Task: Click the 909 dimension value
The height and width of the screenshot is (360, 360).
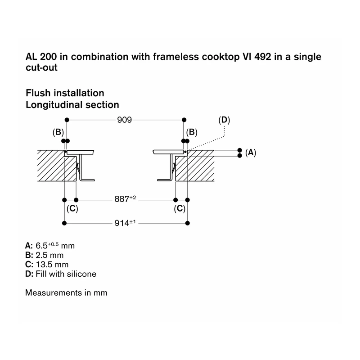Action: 125,120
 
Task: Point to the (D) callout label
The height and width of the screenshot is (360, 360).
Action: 224,120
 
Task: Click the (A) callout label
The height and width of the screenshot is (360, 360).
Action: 251,153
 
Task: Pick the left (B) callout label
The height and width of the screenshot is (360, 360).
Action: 58,132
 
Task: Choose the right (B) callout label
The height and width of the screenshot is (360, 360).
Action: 192,132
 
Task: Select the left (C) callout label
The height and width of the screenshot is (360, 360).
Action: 72,209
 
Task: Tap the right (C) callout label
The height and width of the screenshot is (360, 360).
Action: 180,209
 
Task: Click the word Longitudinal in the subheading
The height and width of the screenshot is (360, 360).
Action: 54,105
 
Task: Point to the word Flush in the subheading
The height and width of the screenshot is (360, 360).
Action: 38,93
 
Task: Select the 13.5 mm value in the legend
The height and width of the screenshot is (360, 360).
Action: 52,265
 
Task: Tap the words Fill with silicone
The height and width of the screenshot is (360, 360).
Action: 66,274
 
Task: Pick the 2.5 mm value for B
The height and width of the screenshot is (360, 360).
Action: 49,255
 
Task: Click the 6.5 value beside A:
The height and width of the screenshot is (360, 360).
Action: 41,246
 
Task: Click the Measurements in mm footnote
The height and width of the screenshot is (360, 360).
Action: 66,293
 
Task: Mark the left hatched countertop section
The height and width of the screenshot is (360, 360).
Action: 57,166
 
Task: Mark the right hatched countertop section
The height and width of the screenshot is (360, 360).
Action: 195,166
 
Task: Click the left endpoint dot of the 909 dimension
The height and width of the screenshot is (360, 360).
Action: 67,120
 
